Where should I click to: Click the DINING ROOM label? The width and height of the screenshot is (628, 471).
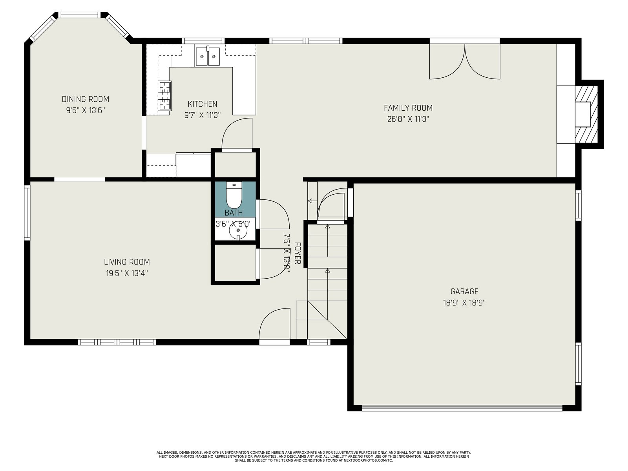85,99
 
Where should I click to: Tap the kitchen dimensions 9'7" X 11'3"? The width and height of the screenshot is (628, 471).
202,115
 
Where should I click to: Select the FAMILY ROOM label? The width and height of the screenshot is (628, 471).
408,108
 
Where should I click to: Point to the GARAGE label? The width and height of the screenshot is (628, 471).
464,291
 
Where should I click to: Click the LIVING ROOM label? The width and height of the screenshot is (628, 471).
127,262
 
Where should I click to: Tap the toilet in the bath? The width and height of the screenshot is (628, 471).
234,195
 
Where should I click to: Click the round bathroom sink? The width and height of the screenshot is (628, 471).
238,230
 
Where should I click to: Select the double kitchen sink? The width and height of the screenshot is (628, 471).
208,57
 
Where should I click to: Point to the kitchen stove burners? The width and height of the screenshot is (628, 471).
164,95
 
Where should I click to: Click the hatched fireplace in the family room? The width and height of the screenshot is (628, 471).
586,114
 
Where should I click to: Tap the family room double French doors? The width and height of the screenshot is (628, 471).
465,62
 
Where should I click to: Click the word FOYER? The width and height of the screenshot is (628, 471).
298,254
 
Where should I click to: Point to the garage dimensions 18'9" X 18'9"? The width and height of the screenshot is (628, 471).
464,303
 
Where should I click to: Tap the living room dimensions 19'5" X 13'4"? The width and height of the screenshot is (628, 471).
127,274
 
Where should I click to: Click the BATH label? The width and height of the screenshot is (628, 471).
234,213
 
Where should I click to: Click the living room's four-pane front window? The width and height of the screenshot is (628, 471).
117,342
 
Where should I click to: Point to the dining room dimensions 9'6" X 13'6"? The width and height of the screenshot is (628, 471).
85,110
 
